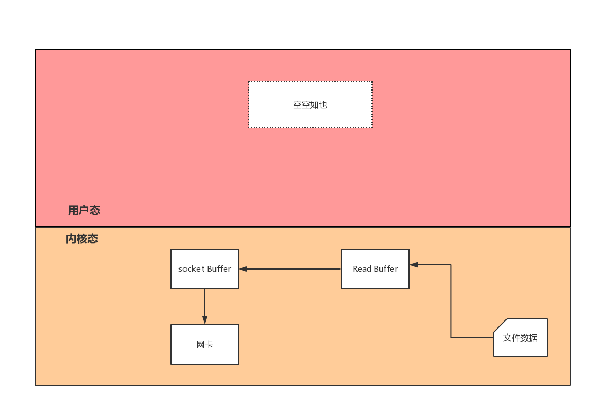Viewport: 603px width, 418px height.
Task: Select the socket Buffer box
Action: [205, 269]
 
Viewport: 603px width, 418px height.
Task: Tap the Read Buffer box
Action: [375, 269]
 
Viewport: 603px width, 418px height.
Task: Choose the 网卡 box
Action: [205, 345]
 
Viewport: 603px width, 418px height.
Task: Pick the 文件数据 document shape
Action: [520, 338]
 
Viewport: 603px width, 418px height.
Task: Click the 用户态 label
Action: [84, 211]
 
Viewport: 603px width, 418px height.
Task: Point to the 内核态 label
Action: [82, 239]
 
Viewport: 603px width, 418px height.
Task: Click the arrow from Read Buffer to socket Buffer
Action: [290, 269]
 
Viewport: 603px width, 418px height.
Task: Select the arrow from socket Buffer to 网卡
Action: [205, 307]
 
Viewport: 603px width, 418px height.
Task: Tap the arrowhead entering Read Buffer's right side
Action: [414, 265]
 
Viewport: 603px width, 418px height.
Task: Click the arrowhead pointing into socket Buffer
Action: [243, 269]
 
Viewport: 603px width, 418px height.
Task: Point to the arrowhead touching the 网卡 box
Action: [205, 320]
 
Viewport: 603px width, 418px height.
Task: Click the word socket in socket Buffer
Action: [191, 269]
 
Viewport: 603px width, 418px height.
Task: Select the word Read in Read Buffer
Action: [362, 269]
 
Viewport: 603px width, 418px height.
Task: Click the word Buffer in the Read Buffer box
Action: [386, 269]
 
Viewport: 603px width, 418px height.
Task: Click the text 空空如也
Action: [310, 104]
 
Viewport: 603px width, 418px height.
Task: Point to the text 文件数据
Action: [520, 338]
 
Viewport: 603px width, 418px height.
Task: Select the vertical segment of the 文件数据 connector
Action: [451, 301]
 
